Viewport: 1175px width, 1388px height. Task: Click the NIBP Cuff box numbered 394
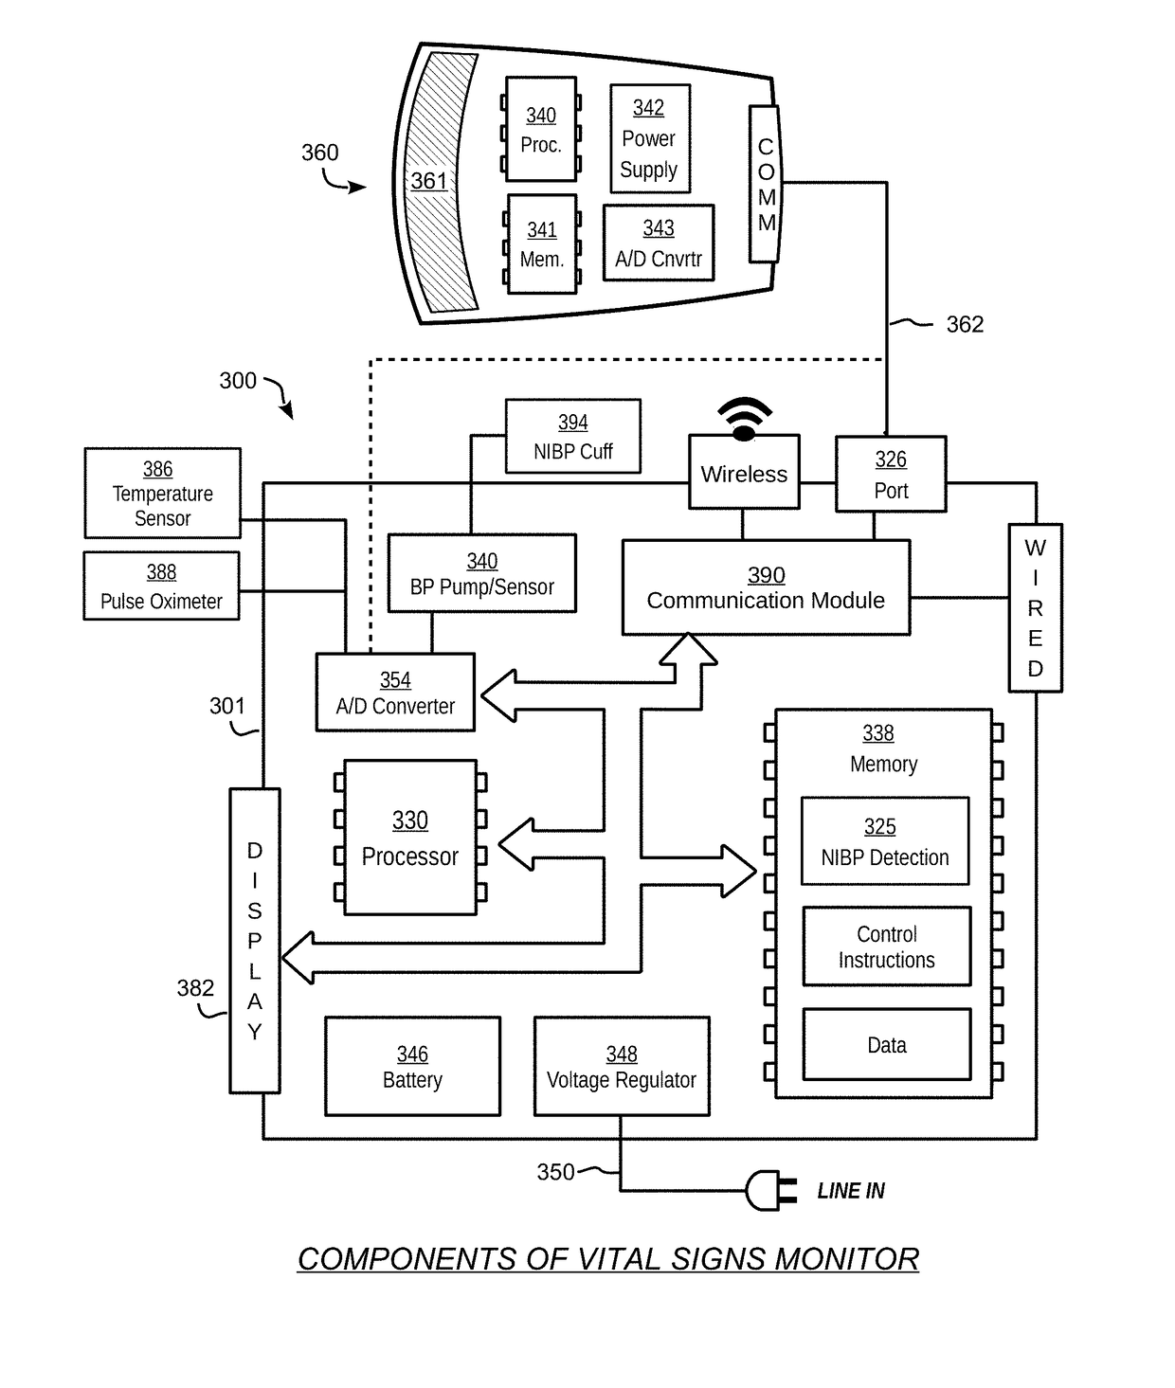[x=572, y=436]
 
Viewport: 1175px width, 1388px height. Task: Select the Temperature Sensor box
[x=162, y=493]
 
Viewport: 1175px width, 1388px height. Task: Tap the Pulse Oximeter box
[x=161, y=586]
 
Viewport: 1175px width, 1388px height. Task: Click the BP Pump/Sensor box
[x=481, y=573]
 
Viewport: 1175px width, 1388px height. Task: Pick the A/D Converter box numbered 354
[x=395, y=692]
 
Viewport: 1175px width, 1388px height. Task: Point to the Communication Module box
[x=766, y=586]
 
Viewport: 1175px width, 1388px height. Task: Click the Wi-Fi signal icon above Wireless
[x=745, y=420]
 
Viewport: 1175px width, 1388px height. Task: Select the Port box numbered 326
[x=891, y=474]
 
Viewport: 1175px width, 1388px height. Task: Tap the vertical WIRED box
[x=1036, y=607]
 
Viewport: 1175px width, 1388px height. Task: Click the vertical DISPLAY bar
[x=255, y=941]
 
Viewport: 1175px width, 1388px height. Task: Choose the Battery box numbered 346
[x=412, y=1067]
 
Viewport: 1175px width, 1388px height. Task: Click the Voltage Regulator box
[x=622, y=1067]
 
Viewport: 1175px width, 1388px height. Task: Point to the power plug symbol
[x=770, y=1191]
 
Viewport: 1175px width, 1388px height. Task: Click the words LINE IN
[x=851, y=1191]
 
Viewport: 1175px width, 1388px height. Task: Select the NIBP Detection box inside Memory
[x=885, y=840]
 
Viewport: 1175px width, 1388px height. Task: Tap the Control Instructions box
[x=887, y=946]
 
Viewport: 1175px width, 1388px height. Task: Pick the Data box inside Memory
[x=887, y=1044]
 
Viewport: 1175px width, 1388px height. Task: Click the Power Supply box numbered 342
[x=650, y=138]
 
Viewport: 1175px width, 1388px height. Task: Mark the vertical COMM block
[x=766, y=183]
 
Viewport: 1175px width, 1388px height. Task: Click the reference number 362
[x=965, y=324]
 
